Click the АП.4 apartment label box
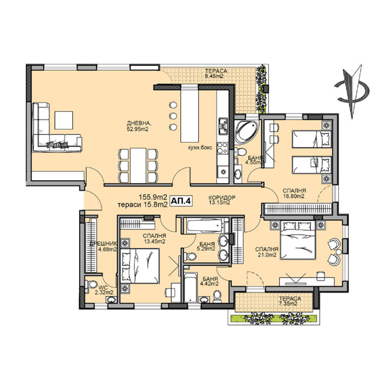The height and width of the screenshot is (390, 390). click(x=181, y=201)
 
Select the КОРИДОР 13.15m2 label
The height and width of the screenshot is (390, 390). click(x=222, y=200)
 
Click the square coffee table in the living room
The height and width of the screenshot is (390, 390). click(x=64, y=120)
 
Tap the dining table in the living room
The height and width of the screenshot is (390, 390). click(x=138, y=165)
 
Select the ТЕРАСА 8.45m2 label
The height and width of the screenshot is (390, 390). click(x=216, y=74)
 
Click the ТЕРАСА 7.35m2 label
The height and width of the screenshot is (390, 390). click(x=290, y=301)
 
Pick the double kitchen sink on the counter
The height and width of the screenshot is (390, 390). click(x=223, y=126)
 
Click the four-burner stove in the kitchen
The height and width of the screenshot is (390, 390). click(x=222, y=148)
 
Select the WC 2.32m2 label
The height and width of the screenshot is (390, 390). click(x=104, y=290)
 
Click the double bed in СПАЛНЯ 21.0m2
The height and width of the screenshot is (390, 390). click(x=298, y=241)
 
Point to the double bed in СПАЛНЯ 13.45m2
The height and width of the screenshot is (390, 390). click(x=140, y=266)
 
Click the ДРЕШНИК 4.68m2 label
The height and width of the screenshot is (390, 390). click(x=103, y=246)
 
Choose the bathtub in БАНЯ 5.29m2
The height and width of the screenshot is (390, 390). click(x=205, y=226)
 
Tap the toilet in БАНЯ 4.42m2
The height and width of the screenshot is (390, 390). click(x=217, y=297)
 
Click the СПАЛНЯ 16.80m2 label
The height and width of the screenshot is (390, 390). click(x=294, y=193)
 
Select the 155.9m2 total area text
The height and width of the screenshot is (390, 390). click(x=153, y=197)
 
